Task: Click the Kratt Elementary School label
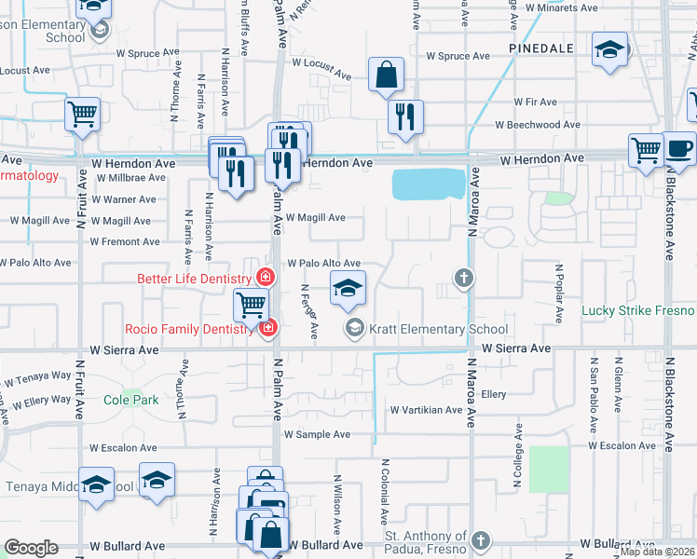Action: click(x=438, y=329)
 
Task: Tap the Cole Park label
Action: click(x=131, y=400)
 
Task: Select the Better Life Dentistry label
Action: click(x=194, y=278)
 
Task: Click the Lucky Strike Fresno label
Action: click(x=639, y=310)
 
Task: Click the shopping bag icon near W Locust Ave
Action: click(x=386, y=75)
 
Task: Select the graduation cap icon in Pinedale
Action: click(x=610, y=48)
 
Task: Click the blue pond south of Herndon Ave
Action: click(x=429, y=184)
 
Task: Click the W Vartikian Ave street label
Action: click(x=426, y=410)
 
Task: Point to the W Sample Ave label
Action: click(x=317, y=434)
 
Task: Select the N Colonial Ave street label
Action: click(x=383, y=491)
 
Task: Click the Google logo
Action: click(x=31, y=548)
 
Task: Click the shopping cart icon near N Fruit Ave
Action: click(x=82, y=115)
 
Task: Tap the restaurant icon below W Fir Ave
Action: click(x=405, y=116)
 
